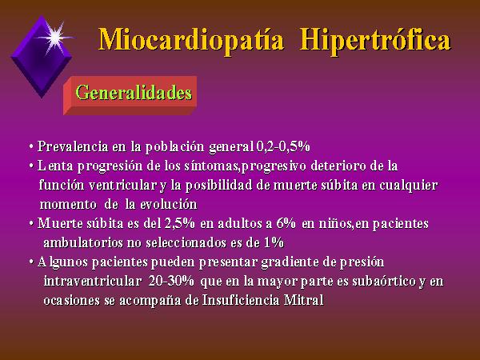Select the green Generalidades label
[134, 93]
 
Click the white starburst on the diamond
[55, 38]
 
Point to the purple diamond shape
[42, 57]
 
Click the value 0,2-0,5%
[283, 147]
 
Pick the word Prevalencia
[73, 146]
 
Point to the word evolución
[169, 204]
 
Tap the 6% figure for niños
[286, 223]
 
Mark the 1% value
[274, 242]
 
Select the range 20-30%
[171, 281]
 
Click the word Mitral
[304, 300]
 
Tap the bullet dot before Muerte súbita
[31, 224]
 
